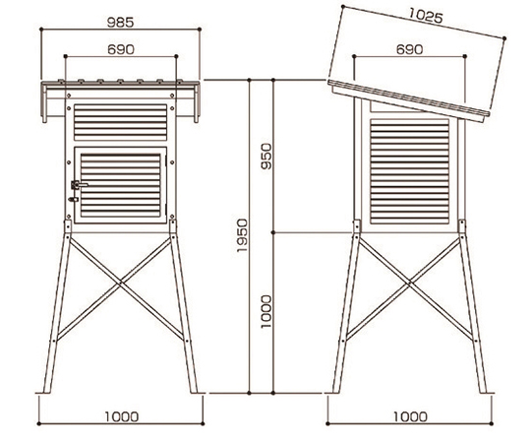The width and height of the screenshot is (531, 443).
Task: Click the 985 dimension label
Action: click(121, 23)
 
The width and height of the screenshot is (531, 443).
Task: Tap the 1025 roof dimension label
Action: click(426, 16)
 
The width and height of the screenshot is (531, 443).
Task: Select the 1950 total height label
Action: click(242, 235)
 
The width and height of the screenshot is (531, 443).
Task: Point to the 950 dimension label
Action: click(266, 157)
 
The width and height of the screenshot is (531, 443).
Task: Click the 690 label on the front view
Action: click(121, 49)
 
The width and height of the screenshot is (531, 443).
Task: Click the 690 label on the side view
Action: click(409, 49)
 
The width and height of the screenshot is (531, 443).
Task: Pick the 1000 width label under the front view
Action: click(122, 416)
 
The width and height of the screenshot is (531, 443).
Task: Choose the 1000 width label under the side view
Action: click(410, 416)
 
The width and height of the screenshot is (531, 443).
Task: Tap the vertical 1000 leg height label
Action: click(266, 311)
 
